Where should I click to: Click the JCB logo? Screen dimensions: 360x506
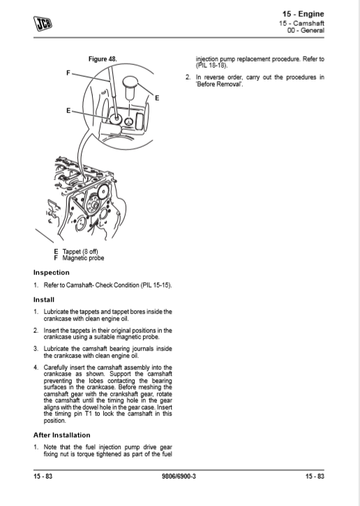point(43,24)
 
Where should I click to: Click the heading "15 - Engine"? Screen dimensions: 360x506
point(303,14)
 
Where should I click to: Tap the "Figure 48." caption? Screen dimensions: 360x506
point(103,59)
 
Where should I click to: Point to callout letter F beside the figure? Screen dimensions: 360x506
point(68,73)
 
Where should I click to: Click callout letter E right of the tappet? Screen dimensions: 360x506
point(157,98)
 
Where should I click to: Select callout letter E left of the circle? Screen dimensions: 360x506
point(68,111)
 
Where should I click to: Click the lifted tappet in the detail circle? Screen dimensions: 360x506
point(130,87)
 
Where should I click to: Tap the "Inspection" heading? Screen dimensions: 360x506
point(52,273)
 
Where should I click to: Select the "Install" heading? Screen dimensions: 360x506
point(44,300)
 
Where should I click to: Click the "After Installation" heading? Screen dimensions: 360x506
point(62,435)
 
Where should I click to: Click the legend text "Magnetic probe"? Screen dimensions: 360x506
point(83,258)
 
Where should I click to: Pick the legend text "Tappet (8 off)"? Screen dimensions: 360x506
point(80,251)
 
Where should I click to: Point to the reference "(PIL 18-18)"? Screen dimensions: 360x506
point(211,66)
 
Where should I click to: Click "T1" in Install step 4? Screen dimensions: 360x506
point(89,414)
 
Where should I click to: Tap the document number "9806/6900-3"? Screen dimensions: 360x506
point(179,476)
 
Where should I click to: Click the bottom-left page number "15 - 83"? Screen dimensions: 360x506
point(43,476)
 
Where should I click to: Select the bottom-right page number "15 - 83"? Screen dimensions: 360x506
point(315,476)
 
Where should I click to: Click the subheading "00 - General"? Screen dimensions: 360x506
point(306,30)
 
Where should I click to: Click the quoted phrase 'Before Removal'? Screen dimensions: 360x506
point(219,84)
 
